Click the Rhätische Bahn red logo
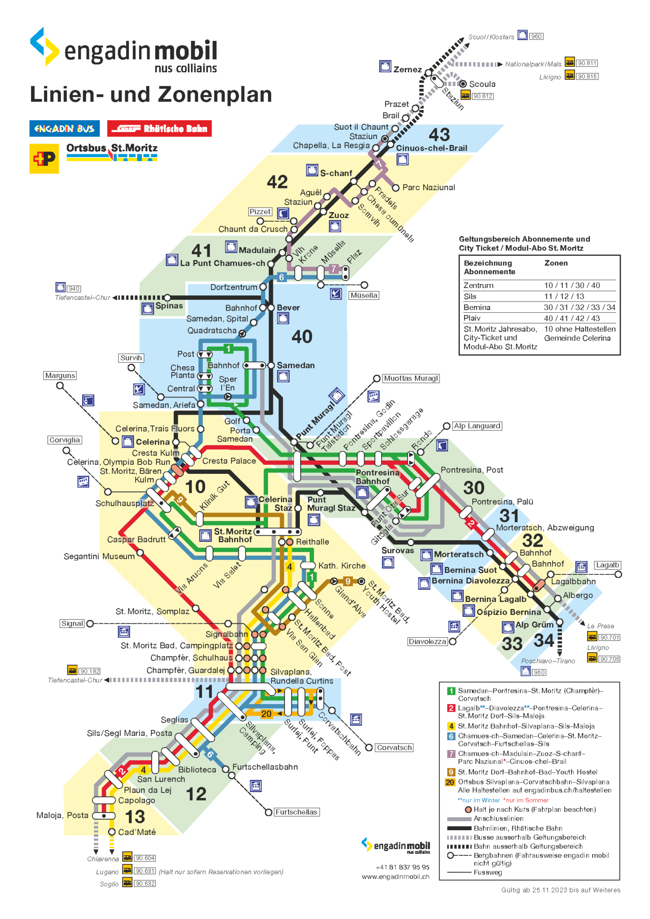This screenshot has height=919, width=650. [159, 129]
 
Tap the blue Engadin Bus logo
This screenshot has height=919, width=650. [64, 129]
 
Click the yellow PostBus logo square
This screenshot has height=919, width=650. [44, 158]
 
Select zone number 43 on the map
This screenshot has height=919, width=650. [439, 135]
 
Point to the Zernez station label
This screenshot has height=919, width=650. [407, 70]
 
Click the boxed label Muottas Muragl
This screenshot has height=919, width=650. [410, 378]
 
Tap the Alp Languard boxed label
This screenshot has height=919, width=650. [477, 426]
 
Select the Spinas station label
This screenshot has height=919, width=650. [169, 306]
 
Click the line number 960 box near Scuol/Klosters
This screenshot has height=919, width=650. [536, 36]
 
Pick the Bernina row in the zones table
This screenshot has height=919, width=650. [539, 307]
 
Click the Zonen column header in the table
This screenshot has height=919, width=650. [556, 263]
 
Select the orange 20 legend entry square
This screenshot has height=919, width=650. [450, 782]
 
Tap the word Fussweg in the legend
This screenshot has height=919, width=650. [487, 872]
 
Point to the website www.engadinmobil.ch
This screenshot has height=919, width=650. [395, 876]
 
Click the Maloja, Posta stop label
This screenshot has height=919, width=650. [62, 815]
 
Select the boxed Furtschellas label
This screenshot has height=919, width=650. [296, 812]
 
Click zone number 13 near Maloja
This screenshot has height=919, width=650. [135, 817]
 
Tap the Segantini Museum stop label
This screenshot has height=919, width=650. [99, 556]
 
